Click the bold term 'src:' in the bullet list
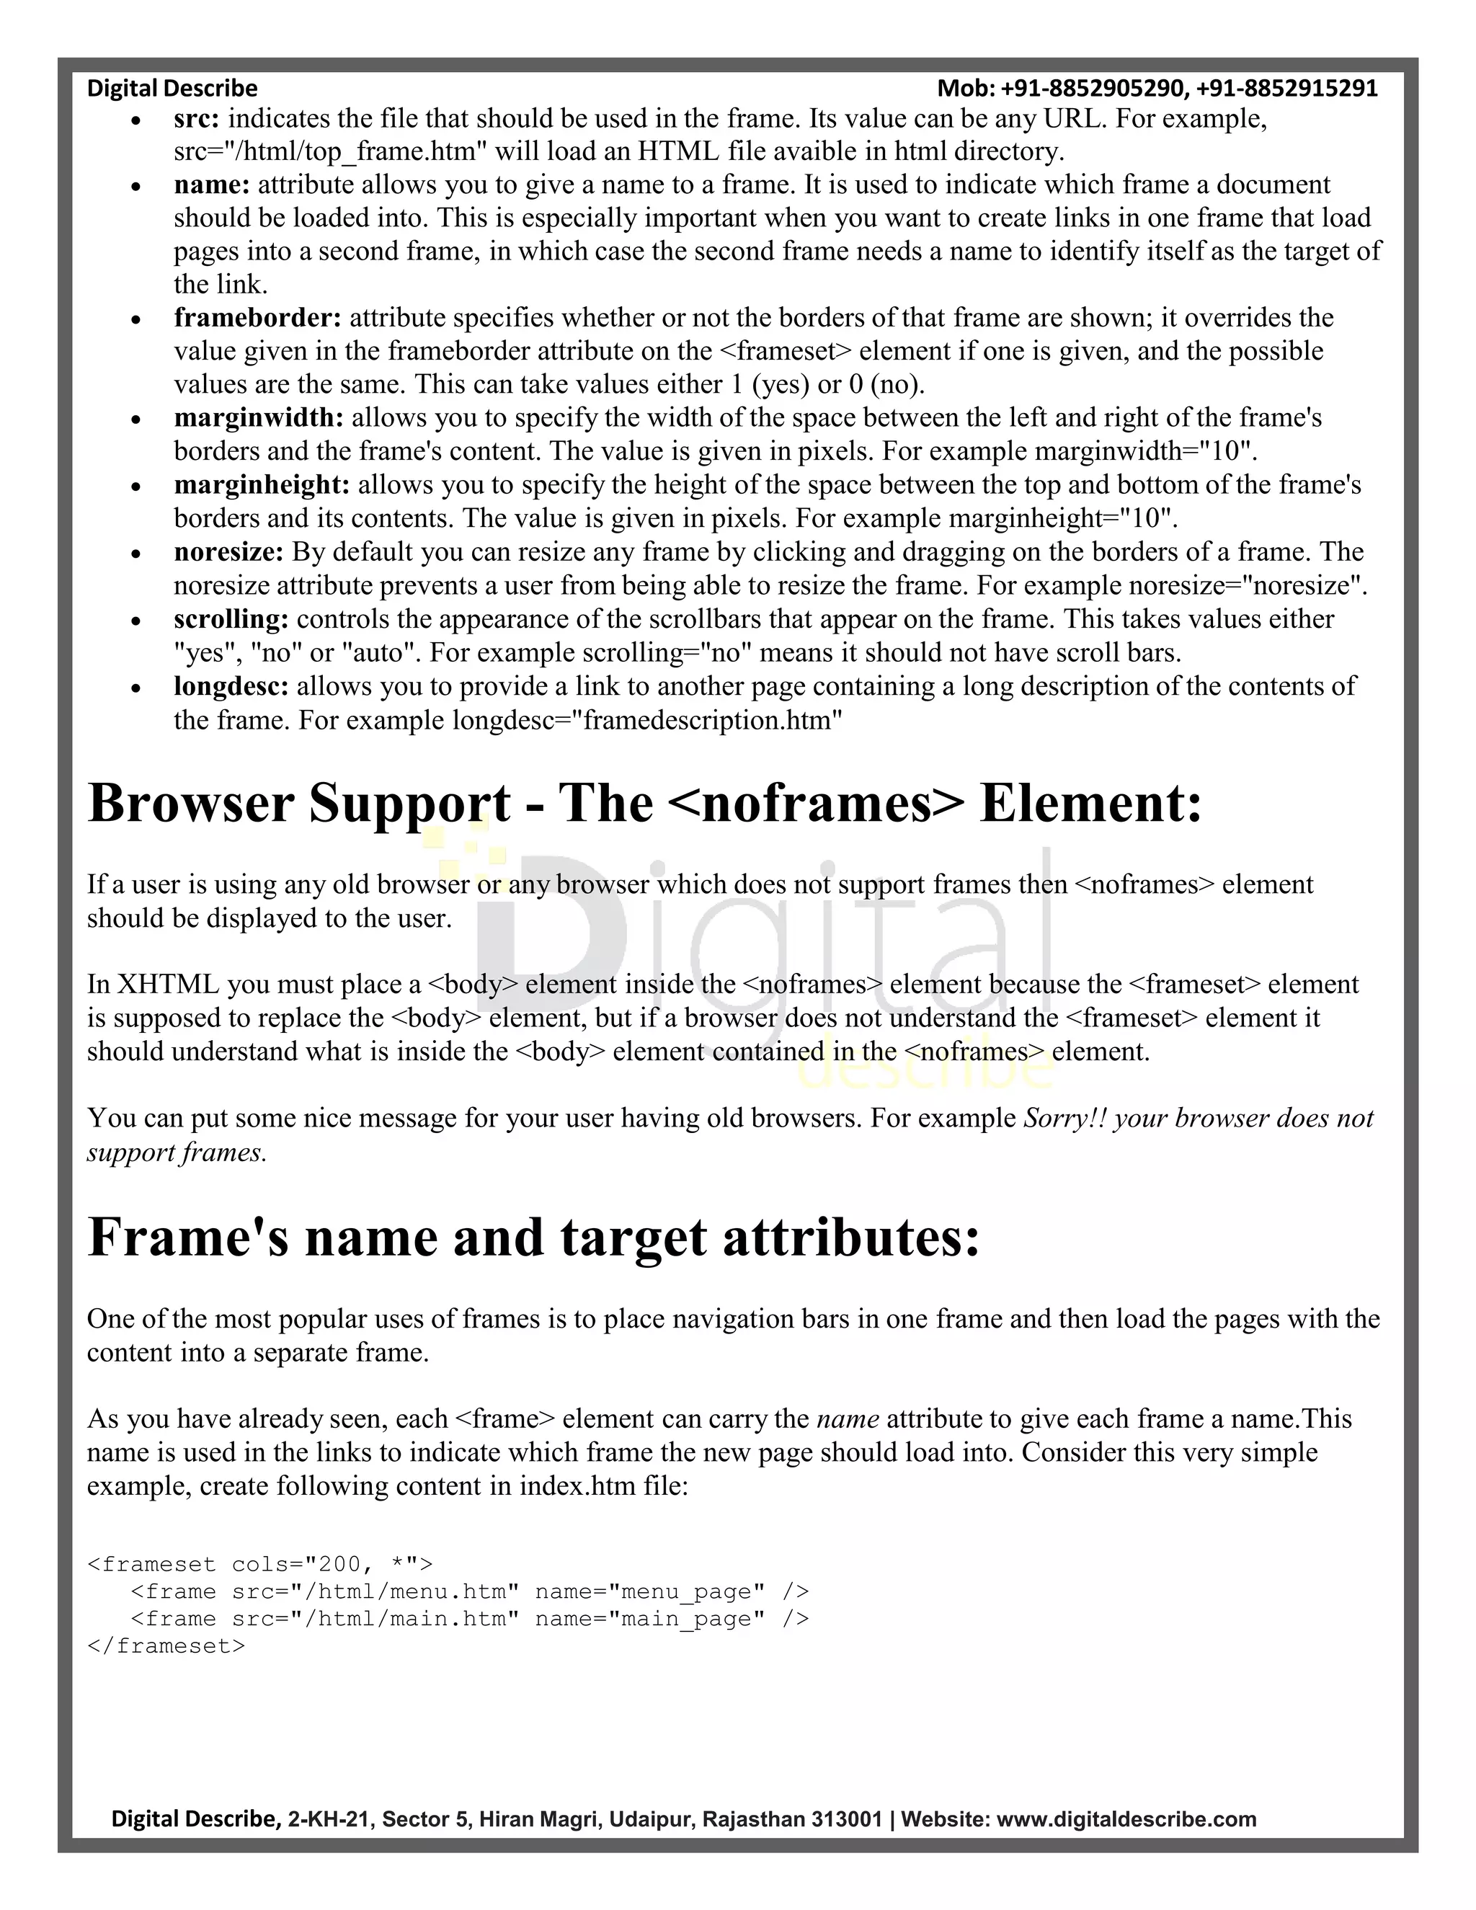(196, 119)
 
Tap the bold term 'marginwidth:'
(259, 418)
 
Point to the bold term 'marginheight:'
(262, 485)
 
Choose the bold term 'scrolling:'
(231, 620)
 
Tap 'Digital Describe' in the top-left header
(172, 89)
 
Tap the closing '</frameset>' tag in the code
(166, 1646)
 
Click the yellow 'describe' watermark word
(927, 1069)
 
